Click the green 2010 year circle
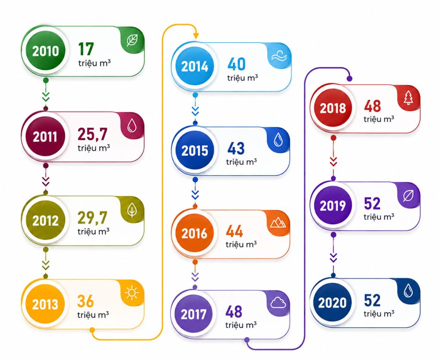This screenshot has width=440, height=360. click(x=46, y=51)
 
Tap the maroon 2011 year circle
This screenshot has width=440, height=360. click(x=46, y=136)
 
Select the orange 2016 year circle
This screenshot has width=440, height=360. click(x=195, y=233)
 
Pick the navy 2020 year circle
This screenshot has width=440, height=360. click(x=333, y=302)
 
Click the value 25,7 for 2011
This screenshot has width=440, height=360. click(x=92, y=134)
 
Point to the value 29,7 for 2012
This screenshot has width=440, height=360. click(x=92, y=218)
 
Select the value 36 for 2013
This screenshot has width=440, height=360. click(x=86, y=301)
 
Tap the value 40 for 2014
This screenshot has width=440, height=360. click(x=236, y=64)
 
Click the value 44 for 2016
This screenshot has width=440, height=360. click(x=234, y=231)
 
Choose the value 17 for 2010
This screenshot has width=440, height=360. click(x=86, y=49)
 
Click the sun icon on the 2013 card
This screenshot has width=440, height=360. click(x=131, y=292)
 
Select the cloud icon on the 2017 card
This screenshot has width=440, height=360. click(x=278, y=303)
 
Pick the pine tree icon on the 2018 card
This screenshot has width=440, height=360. click(x=408, y=98)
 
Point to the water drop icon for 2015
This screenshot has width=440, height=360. click(x=278, y=139)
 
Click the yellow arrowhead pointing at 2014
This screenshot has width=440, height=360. click(x=196, y=36)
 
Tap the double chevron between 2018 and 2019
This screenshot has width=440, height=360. click(x=333, y=162)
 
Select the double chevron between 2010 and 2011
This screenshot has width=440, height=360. click(x=46, y=96)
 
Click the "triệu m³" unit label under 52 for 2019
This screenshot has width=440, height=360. click(x=379, y=216)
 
